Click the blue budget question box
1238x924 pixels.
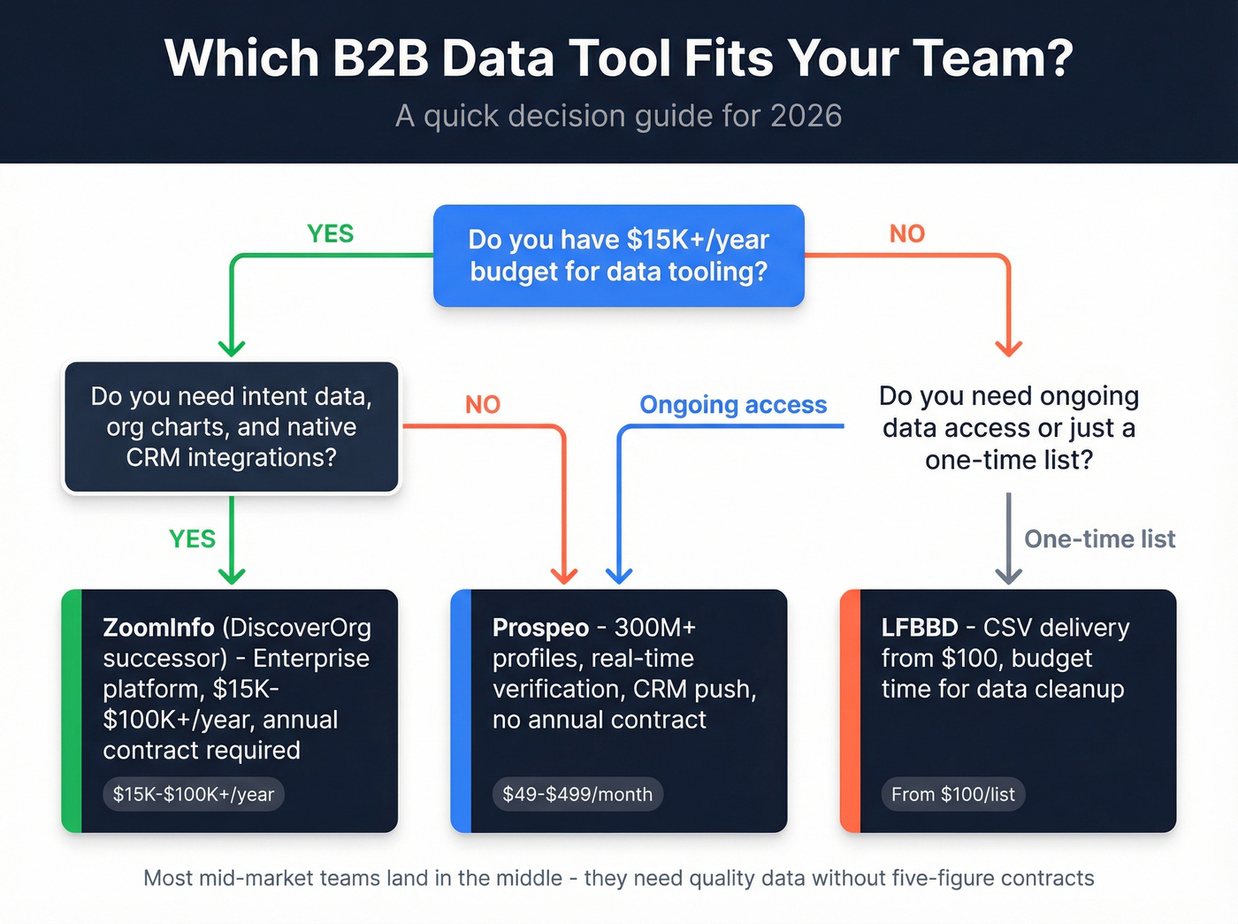(618, 256)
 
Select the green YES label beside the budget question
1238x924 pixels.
(330, 233)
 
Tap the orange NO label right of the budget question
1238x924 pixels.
(906, 233)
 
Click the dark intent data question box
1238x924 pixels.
(231, 427)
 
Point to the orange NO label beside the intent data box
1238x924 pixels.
(483, 405)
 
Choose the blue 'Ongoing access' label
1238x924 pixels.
(733, 405)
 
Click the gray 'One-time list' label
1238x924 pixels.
(1099, 539)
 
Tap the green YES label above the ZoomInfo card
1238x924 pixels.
(192, 539)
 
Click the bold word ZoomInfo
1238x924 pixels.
(158, 628)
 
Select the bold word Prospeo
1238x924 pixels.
(540, 628)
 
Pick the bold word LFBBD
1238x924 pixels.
(920, 628)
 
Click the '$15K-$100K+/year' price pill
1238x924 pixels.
(194, 794)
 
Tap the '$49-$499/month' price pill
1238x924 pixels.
(577, 794)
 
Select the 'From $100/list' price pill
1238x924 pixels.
(952, 794)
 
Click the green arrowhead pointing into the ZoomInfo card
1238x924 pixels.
(232, 576)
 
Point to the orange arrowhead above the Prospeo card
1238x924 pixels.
(564, 576)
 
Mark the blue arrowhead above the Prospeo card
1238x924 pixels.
(619, 576)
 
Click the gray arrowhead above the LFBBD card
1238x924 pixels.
(1008, 576)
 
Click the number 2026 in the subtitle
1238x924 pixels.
(806, 116)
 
